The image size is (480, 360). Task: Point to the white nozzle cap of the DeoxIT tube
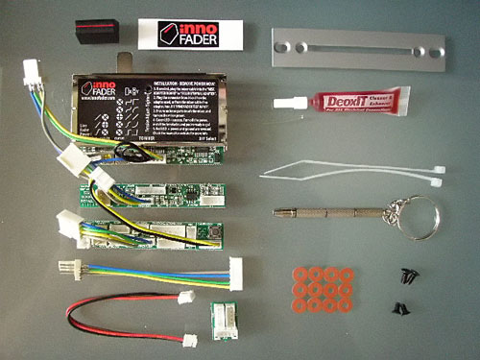[x=282, y=100]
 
